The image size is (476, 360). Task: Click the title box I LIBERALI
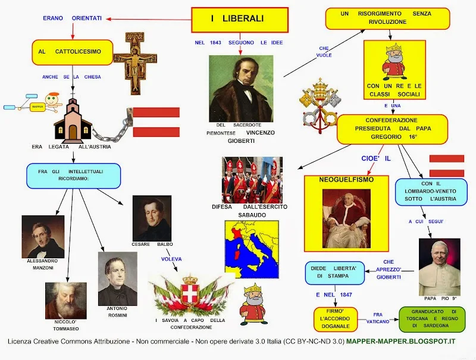(240, 20)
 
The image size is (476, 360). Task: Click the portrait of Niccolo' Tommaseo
(65, 300)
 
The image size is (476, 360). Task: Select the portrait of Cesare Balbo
(152, 218)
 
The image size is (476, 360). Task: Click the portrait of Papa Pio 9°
(439, 267)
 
